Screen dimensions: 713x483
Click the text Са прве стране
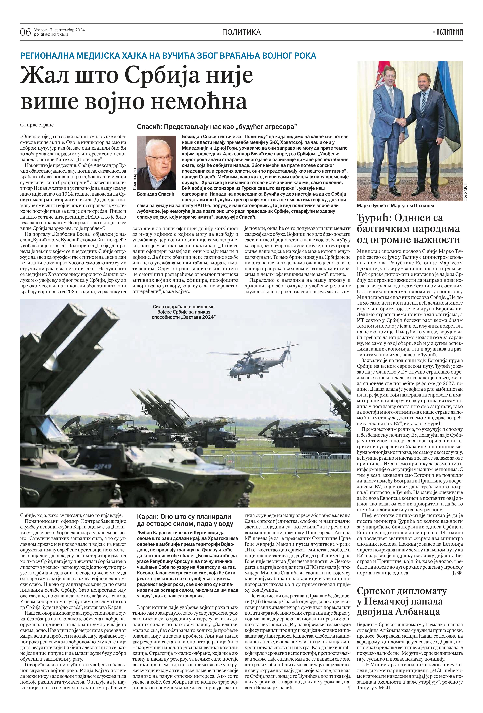coord(37,125)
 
